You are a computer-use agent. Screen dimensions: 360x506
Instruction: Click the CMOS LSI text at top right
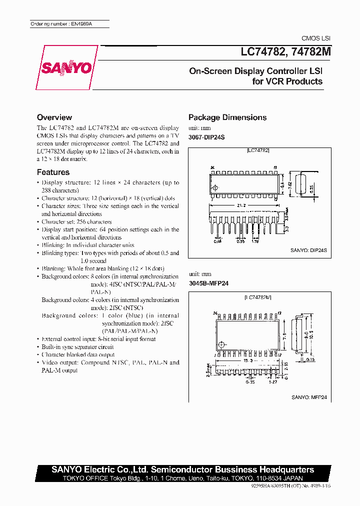click(x=315, y=38)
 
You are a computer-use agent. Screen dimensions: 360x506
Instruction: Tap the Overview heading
click(x=54, y=117)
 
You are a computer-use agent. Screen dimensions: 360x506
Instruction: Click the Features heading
click(x=53, y=172)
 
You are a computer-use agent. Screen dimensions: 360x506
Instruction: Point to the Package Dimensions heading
click(x=227, y=117)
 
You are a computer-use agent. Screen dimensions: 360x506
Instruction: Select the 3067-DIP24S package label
click(x=208, y=136)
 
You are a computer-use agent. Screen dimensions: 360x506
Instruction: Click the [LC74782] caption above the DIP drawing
click(x=258, y=150)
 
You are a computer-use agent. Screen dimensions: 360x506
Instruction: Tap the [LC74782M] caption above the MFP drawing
click(x=258, y=298)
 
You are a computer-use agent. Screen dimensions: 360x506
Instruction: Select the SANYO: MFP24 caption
click(x=309, y=397)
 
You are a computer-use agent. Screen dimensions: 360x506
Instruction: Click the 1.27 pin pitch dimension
click(x=273, y=382)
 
